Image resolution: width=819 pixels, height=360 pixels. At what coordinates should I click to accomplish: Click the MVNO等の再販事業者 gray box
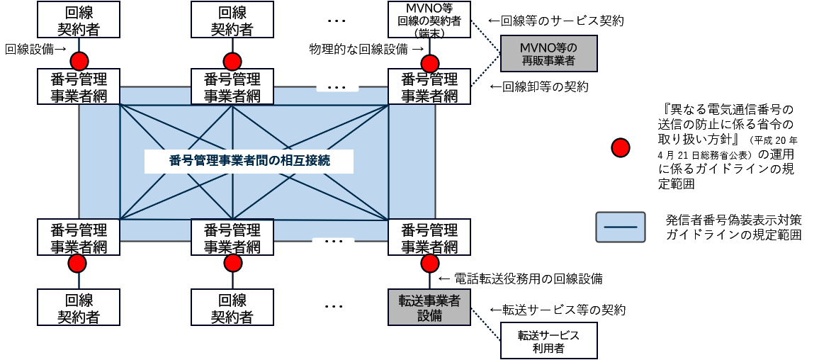point(548,54)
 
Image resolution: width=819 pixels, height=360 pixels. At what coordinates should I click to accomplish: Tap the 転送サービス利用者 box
point(548,342)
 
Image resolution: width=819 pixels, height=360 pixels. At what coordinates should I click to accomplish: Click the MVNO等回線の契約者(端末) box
point(429,20)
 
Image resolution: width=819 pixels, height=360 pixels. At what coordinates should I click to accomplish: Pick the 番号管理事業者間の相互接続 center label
point(250,161)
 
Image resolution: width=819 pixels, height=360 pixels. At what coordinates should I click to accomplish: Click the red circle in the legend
point(621,147)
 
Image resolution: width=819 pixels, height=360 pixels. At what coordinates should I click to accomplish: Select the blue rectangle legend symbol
point(620,227)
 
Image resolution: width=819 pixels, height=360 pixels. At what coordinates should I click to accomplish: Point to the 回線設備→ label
point(36,49)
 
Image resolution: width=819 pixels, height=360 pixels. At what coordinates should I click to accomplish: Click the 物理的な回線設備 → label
point(367,49)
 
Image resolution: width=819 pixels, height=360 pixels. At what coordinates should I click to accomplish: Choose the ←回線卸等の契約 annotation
point(539,87)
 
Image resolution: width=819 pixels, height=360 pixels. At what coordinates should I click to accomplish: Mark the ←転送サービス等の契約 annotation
point(558,310)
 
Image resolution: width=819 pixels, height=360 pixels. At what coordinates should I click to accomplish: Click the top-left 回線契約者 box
point(79,20)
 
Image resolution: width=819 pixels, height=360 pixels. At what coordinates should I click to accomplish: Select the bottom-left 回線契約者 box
point(79,308)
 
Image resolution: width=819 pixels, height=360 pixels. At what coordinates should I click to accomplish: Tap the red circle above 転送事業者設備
point(429,264)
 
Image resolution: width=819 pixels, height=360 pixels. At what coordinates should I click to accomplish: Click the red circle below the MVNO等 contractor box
point(429,61)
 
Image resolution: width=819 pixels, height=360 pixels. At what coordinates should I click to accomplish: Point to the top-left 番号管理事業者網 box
point(79,87)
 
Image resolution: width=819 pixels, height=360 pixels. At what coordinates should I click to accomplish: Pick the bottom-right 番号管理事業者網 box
point(429,238)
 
